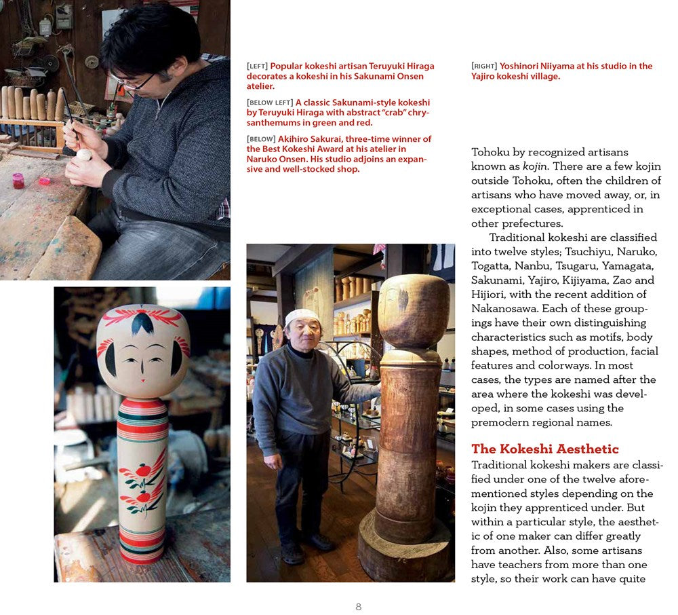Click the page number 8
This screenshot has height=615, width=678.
click(359, 607)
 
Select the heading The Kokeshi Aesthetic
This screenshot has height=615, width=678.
click(544, 449)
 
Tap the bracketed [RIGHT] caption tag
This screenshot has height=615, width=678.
click(484, 67)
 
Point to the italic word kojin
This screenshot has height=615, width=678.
click(535, 166)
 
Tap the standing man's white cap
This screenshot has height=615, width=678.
click(302, 316)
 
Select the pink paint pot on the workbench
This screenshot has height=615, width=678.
click(18, 181)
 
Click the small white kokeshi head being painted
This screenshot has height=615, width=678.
click(83, 155)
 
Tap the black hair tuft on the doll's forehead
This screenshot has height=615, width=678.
click(142, 324)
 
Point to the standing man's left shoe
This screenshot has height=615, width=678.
click(320, 540)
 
